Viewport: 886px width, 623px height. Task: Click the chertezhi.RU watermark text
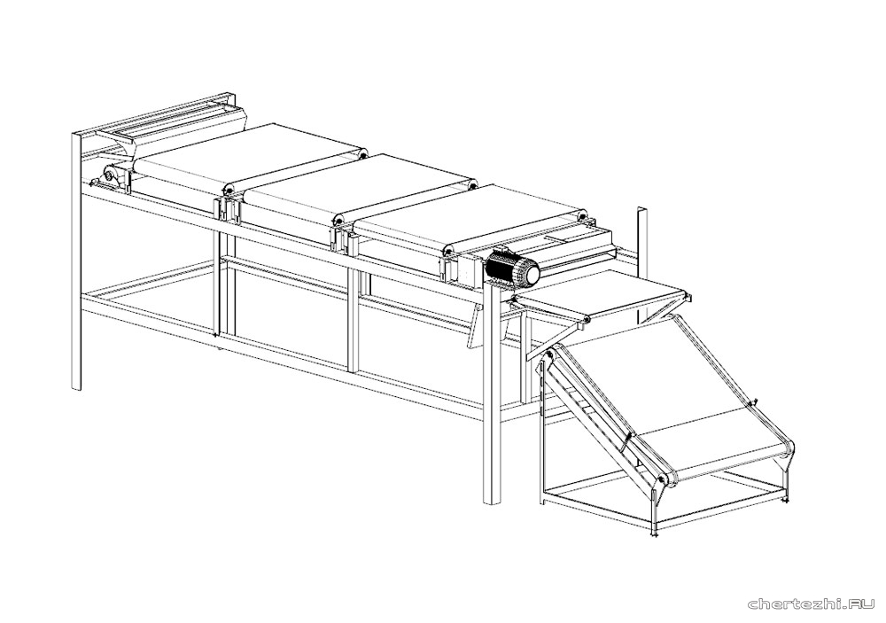[x=812, y=605]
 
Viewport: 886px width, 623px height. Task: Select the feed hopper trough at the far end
[x=169, y=127]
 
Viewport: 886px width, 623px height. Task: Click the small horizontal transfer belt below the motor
[x=602, y=297]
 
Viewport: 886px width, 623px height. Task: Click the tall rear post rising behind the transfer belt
[x=641, y=266]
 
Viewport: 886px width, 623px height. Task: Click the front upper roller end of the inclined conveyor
[x=547, y=354]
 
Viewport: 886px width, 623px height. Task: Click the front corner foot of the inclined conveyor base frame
[x=654, y=532]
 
